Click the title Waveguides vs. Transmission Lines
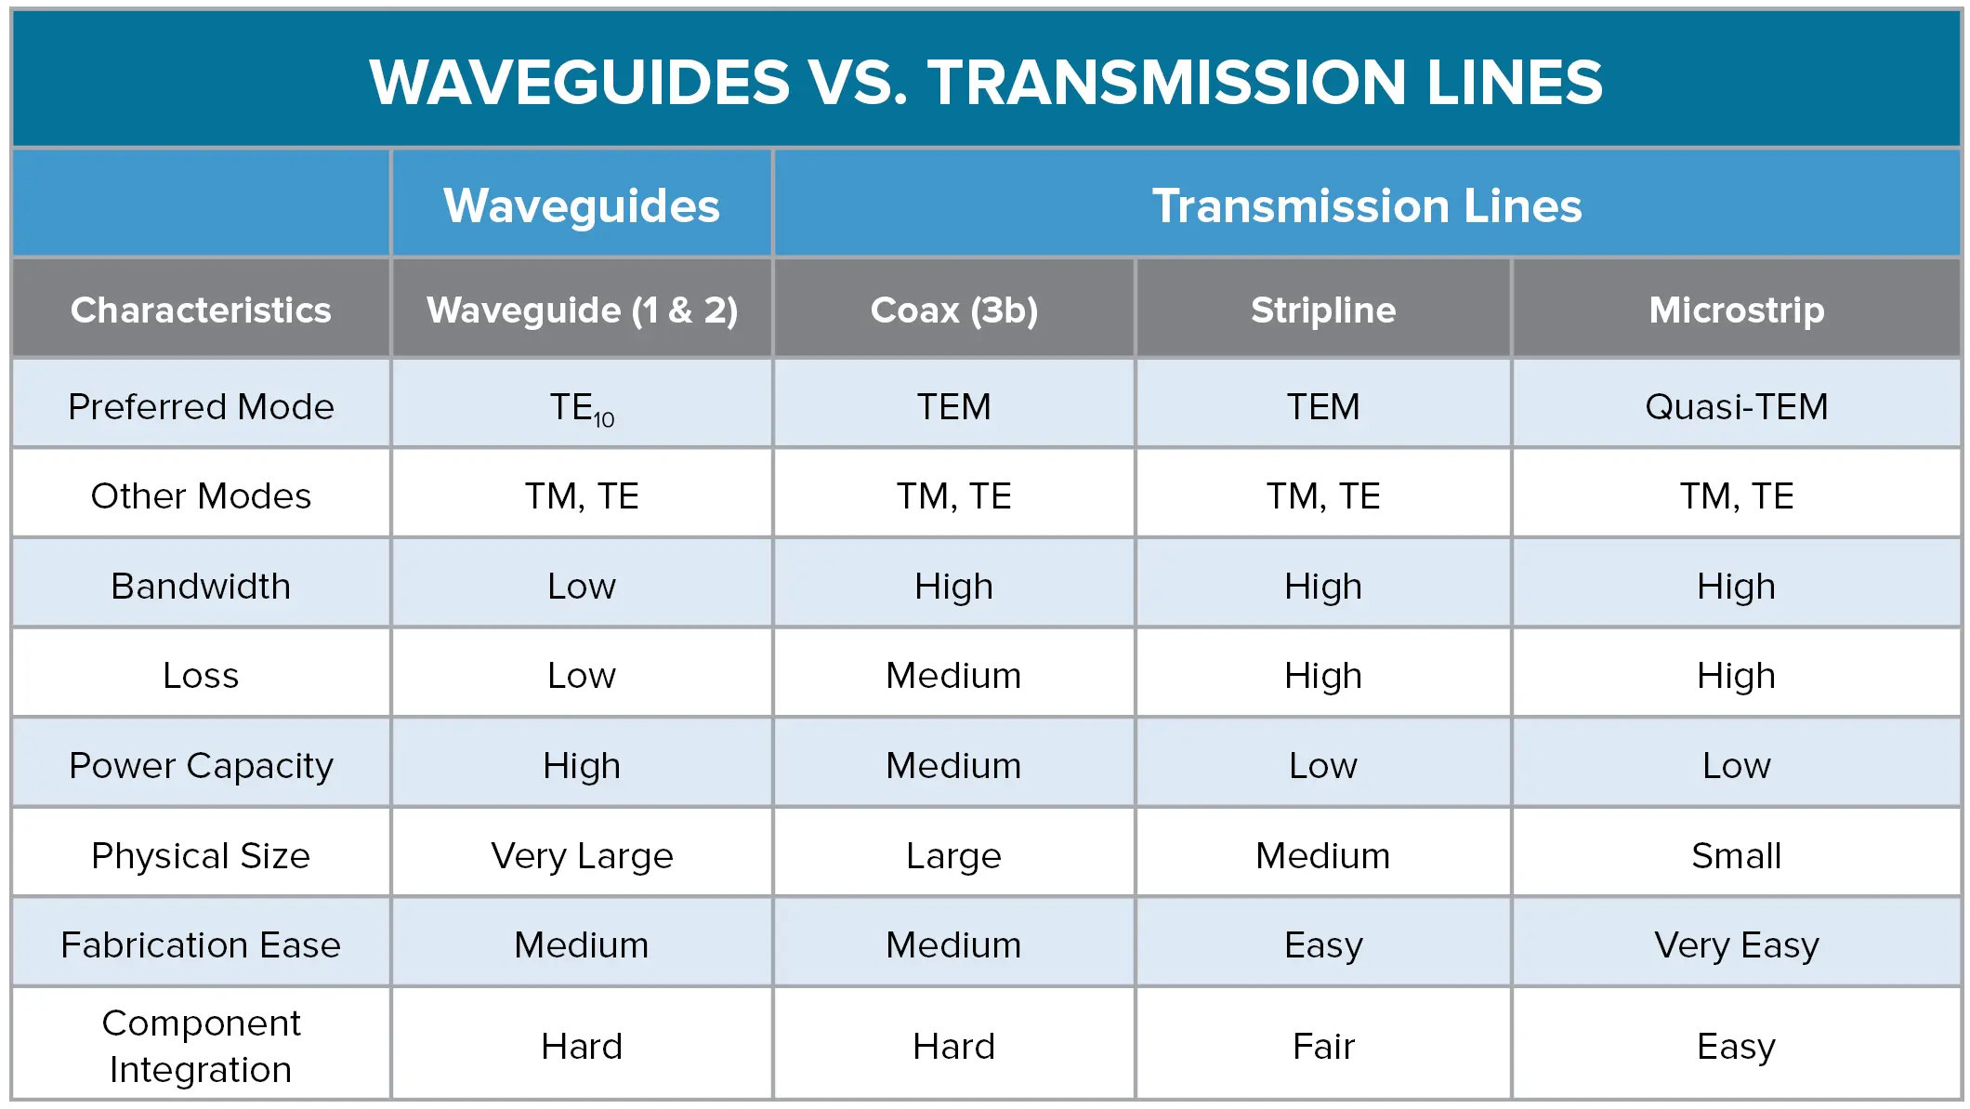[985, 82]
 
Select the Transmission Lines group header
[1366, 205]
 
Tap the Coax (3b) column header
[953, 310]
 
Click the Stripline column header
[1323, 310]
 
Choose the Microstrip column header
[1736, 310]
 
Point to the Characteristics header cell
[201, 310]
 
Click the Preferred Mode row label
[201, 407]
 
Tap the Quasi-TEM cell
[1736, 407]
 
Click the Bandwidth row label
[201, 587]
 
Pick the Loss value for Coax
[953, 676]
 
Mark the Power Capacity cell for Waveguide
[582, 766]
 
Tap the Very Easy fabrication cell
[1736, 945]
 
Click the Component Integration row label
[201, 1046]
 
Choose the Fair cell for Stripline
[1323, 1047]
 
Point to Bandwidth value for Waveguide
[582, 587]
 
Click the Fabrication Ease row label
[201, 945]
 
